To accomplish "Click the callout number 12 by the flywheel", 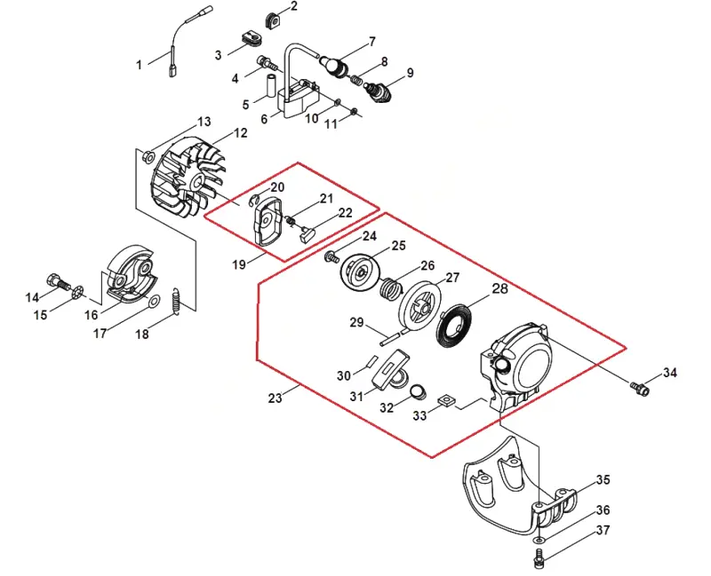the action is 240,133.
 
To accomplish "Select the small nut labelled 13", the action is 148,157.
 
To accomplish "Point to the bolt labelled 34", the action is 640,388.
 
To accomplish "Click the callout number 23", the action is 275,398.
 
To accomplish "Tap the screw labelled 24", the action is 331,257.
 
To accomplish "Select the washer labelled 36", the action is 539,540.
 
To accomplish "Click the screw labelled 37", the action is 539,558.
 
